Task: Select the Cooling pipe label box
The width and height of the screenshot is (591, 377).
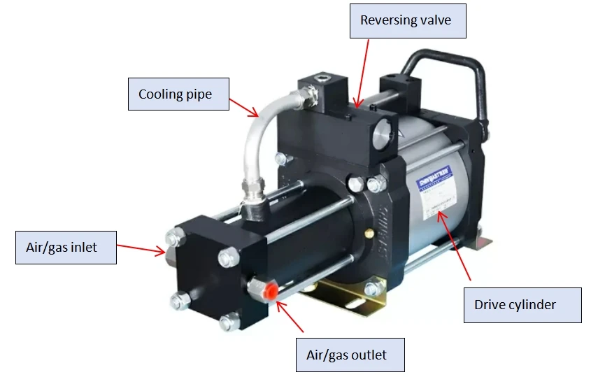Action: [178, 94]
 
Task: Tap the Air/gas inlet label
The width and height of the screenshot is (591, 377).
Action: [66, 247]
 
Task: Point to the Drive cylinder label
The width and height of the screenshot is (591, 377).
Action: [522, 305]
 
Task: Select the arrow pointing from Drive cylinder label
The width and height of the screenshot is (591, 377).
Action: [455, 245]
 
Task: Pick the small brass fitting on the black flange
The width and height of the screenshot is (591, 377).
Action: [364, 232]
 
